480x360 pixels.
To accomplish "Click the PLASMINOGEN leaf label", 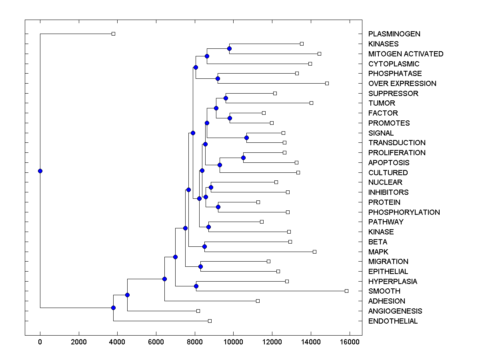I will pos(394,34).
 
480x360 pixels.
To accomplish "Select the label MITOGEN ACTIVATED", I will pos(406,54).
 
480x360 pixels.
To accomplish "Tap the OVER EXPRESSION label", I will pos(402,84).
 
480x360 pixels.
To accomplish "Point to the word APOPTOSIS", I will pos(389,163).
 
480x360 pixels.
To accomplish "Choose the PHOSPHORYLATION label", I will pos(404,212).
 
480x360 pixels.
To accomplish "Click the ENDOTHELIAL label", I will pos(393,321).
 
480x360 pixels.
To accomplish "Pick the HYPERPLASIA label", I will pos(392,282).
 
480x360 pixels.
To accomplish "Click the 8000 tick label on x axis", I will pos(195,342).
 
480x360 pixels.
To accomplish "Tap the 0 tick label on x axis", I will pos(40,342).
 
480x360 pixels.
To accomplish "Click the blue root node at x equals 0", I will pos(40,171).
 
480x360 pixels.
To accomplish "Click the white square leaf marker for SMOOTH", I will pos(346,291).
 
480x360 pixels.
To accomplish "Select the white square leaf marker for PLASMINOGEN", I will pos(113,34).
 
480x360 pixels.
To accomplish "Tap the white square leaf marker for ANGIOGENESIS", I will pos(198,311).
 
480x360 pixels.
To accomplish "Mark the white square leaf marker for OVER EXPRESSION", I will pos(327,83).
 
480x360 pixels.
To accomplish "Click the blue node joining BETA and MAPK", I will pos(204,246).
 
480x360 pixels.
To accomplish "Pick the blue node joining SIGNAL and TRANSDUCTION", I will pos(247,138).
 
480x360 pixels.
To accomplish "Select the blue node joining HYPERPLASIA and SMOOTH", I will pos(196,286).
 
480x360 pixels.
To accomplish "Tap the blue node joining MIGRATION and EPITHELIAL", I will pos(200,266).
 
